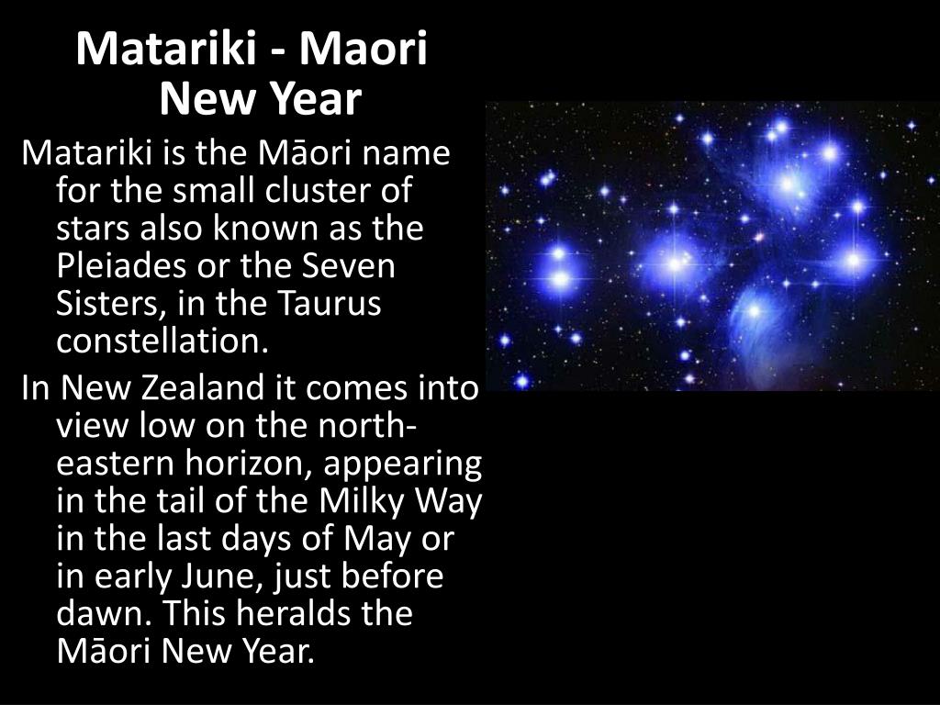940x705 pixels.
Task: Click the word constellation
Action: pyautogui.click(x=163, y=341)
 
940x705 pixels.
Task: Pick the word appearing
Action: pyautogui.click(x=403, y=465)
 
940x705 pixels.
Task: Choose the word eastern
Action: pyautogui.click(x=117, y=465)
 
